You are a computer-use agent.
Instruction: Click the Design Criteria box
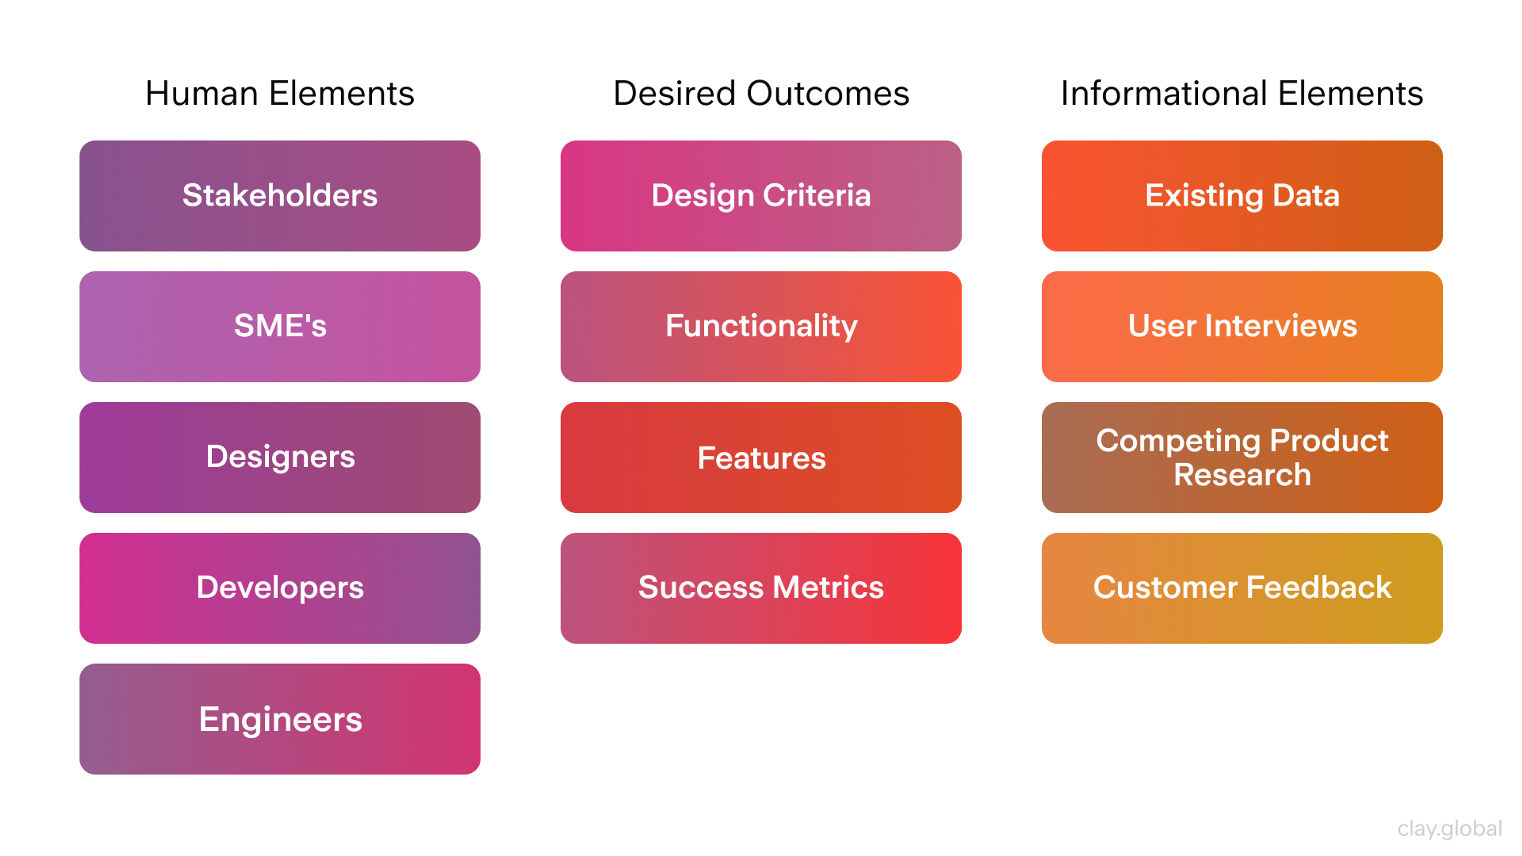[761, 195]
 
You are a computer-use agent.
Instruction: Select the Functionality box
[761, 326]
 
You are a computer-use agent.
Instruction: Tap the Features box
[761, 457]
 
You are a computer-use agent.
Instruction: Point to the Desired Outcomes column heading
[761, 94]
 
